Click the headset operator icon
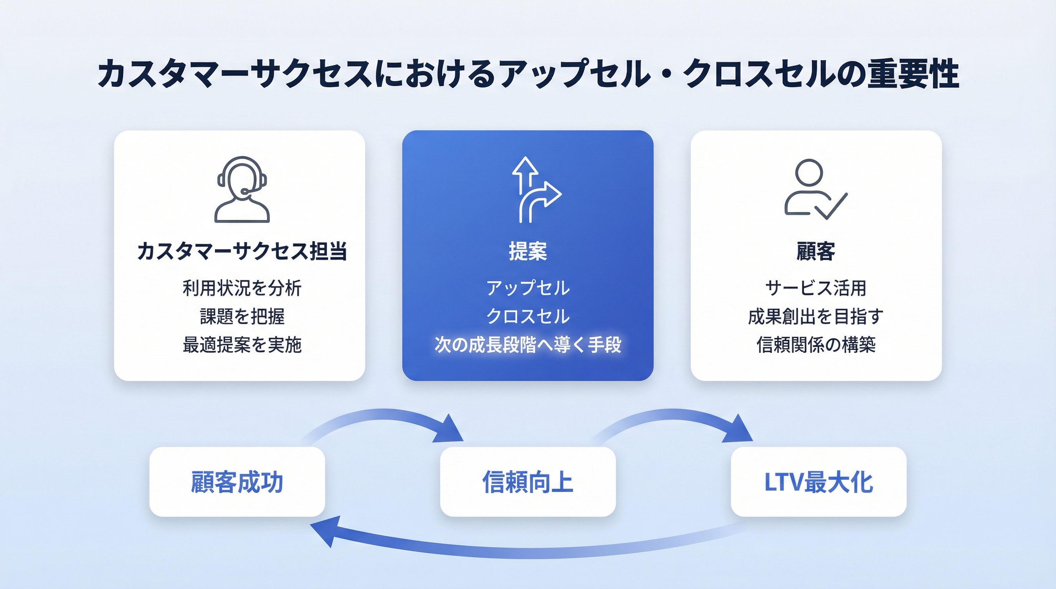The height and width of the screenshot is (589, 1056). pyautogui.click(x=242, y=189)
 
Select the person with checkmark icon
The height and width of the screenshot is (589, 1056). pyautogui.click(x=815, y=189)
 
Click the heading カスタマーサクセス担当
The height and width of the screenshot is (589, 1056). pyautogui.click(x=242, y=251)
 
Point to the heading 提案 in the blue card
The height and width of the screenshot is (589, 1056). pyautogui.click(x=528, y=251)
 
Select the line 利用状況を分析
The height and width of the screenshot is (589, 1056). pyautogui.click(x=242, y=288)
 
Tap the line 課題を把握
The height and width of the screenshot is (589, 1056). pyautogui.click(x=242, y=316)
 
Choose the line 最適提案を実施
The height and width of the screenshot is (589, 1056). pyautogui.click(x=242, y=344)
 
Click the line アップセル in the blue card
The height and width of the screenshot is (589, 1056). pyautogui.click(x=528, y=288)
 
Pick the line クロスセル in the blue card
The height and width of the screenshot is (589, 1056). pyautogui.click(x=528, y=316)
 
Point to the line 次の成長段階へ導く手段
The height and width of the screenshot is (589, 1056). pyautogui.click(x=528, y=344)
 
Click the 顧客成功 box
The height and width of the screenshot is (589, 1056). pyautogui.click(x=237, y=482)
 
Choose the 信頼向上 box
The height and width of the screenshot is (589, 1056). pyautogui.click(x=528, y=482)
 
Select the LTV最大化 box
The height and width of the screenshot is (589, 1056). pyautogui.click(x=818, y=482)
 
